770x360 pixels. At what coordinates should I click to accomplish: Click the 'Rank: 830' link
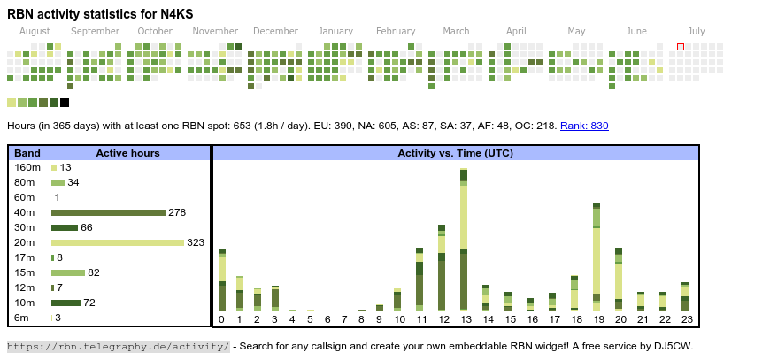coord(584,126)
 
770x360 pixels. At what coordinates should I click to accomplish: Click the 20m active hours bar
coord(118,242)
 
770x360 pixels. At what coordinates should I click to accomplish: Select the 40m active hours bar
coord(108,212)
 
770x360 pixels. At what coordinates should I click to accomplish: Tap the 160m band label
coord(27,167)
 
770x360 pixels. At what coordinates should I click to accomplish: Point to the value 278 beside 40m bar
coord(177,212)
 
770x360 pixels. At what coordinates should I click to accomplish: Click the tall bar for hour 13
coord(464,239)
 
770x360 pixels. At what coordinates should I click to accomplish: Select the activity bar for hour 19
coord(597,257)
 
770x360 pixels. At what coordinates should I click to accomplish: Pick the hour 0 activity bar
coord(222,280)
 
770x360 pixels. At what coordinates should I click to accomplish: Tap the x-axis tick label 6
coord(327,319)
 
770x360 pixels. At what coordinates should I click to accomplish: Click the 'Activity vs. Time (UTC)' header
coord(456,153)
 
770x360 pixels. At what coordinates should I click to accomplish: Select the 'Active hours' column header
coord(127,153)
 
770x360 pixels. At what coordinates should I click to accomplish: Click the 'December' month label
coord(275,31)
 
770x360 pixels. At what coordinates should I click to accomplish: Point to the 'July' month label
coord(697,31)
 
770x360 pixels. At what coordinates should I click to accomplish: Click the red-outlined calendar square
coord(681,47)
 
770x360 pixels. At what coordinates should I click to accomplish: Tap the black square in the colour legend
coord(65,103)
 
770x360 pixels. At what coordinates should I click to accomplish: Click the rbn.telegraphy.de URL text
coord(119,346)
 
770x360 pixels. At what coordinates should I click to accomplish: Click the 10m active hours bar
coord(65,303)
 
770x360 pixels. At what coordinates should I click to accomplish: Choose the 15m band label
coord(27,272)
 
